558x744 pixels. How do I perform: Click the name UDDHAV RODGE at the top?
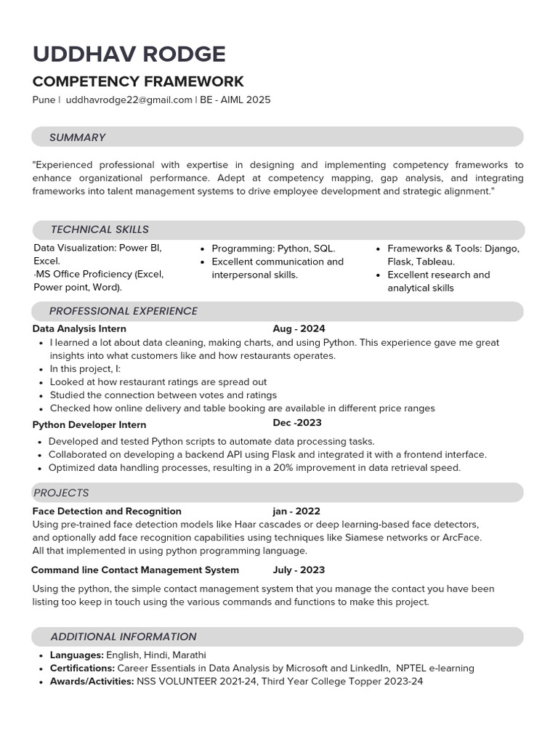point(129,54)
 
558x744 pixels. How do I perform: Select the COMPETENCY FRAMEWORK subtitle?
point(138,81)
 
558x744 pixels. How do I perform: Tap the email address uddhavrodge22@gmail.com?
point(129,100)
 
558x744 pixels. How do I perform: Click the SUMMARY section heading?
point(77,137)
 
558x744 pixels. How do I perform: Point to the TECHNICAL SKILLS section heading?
point(100,230)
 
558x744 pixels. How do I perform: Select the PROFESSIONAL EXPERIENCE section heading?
point(123,311)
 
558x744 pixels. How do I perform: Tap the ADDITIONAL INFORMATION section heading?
point(123,636)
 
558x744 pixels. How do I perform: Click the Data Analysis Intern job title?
point(79,329)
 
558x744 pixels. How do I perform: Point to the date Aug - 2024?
point(299,329)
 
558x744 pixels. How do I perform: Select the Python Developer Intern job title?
point(89,424)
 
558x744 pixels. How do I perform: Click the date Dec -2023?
point(297,423)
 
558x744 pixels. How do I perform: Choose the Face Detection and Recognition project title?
point(107,511)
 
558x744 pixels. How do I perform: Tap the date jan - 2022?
point(296,511)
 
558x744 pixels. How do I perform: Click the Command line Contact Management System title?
point(135,570)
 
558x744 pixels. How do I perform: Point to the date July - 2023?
point(299,570)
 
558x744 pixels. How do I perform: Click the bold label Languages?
point(76,655)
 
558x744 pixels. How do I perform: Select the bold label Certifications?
point(82,668)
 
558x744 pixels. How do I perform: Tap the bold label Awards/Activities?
point(92,682)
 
